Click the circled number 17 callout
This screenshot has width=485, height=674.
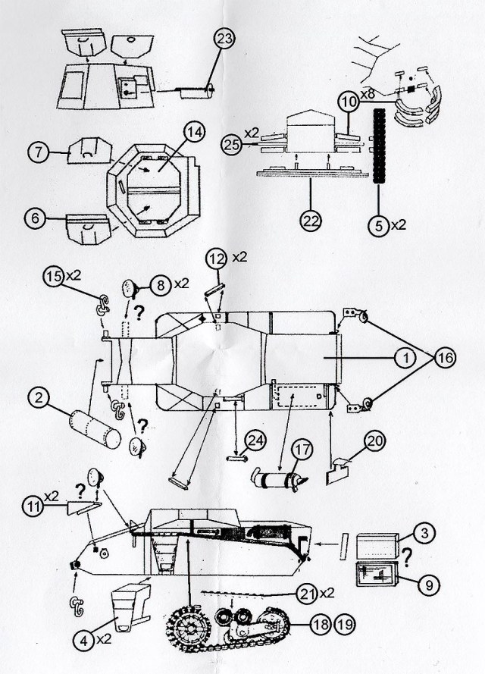tap(303, 450)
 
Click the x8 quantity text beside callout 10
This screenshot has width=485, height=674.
tap(368, 95)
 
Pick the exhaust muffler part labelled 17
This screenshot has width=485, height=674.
tap(275, 480)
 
